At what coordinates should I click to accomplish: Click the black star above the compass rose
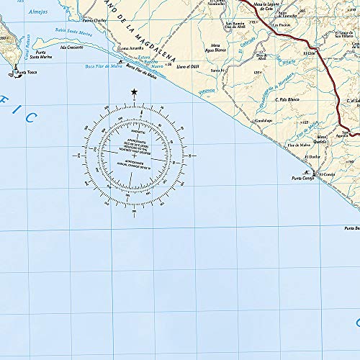pyautogui.click(x=135, y=91)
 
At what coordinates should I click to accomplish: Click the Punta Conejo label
pyautogui.click(x=303, y=179)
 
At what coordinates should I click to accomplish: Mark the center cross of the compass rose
pyautogui.click(x=135, y=155)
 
